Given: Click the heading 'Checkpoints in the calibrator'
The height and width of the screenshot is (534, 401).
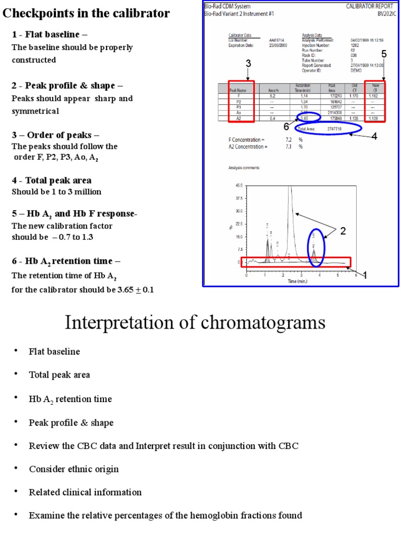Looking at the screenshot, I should point(86,14).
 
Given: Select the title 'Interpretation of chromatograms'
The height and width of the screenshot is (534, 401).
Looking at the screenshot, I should point(195,322).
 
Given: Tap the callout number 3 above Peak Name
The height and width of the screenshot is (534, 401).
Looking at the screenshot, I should point(249,64).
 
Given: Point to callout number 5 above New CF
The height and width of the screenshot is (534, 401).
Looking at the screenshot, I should point(384,54).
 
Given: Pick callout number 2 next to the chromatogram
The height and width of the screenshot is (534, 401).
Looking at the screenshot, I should point(343,231).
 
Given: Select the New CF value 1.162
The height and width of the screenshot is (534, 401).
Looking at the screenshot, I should point(373,96).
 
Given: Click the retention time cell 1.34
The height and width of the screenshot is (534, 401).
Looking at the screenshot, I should point(303,102).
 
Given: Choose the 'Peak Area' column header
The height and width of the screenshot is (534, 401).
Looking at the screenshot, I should point(332,88).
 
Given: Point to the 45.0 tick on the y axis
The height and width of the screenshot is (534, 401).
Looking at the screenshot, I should point(239,185).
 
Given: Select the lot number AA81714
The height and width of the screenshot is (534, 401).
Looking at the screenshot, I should point(277,40).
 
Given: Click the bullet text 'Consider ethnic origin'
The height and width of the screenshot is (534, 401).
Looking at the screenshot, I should point(74,469).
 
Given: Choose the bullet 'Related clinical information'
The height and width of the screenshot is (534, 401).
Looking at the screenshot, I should point(85,492).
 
